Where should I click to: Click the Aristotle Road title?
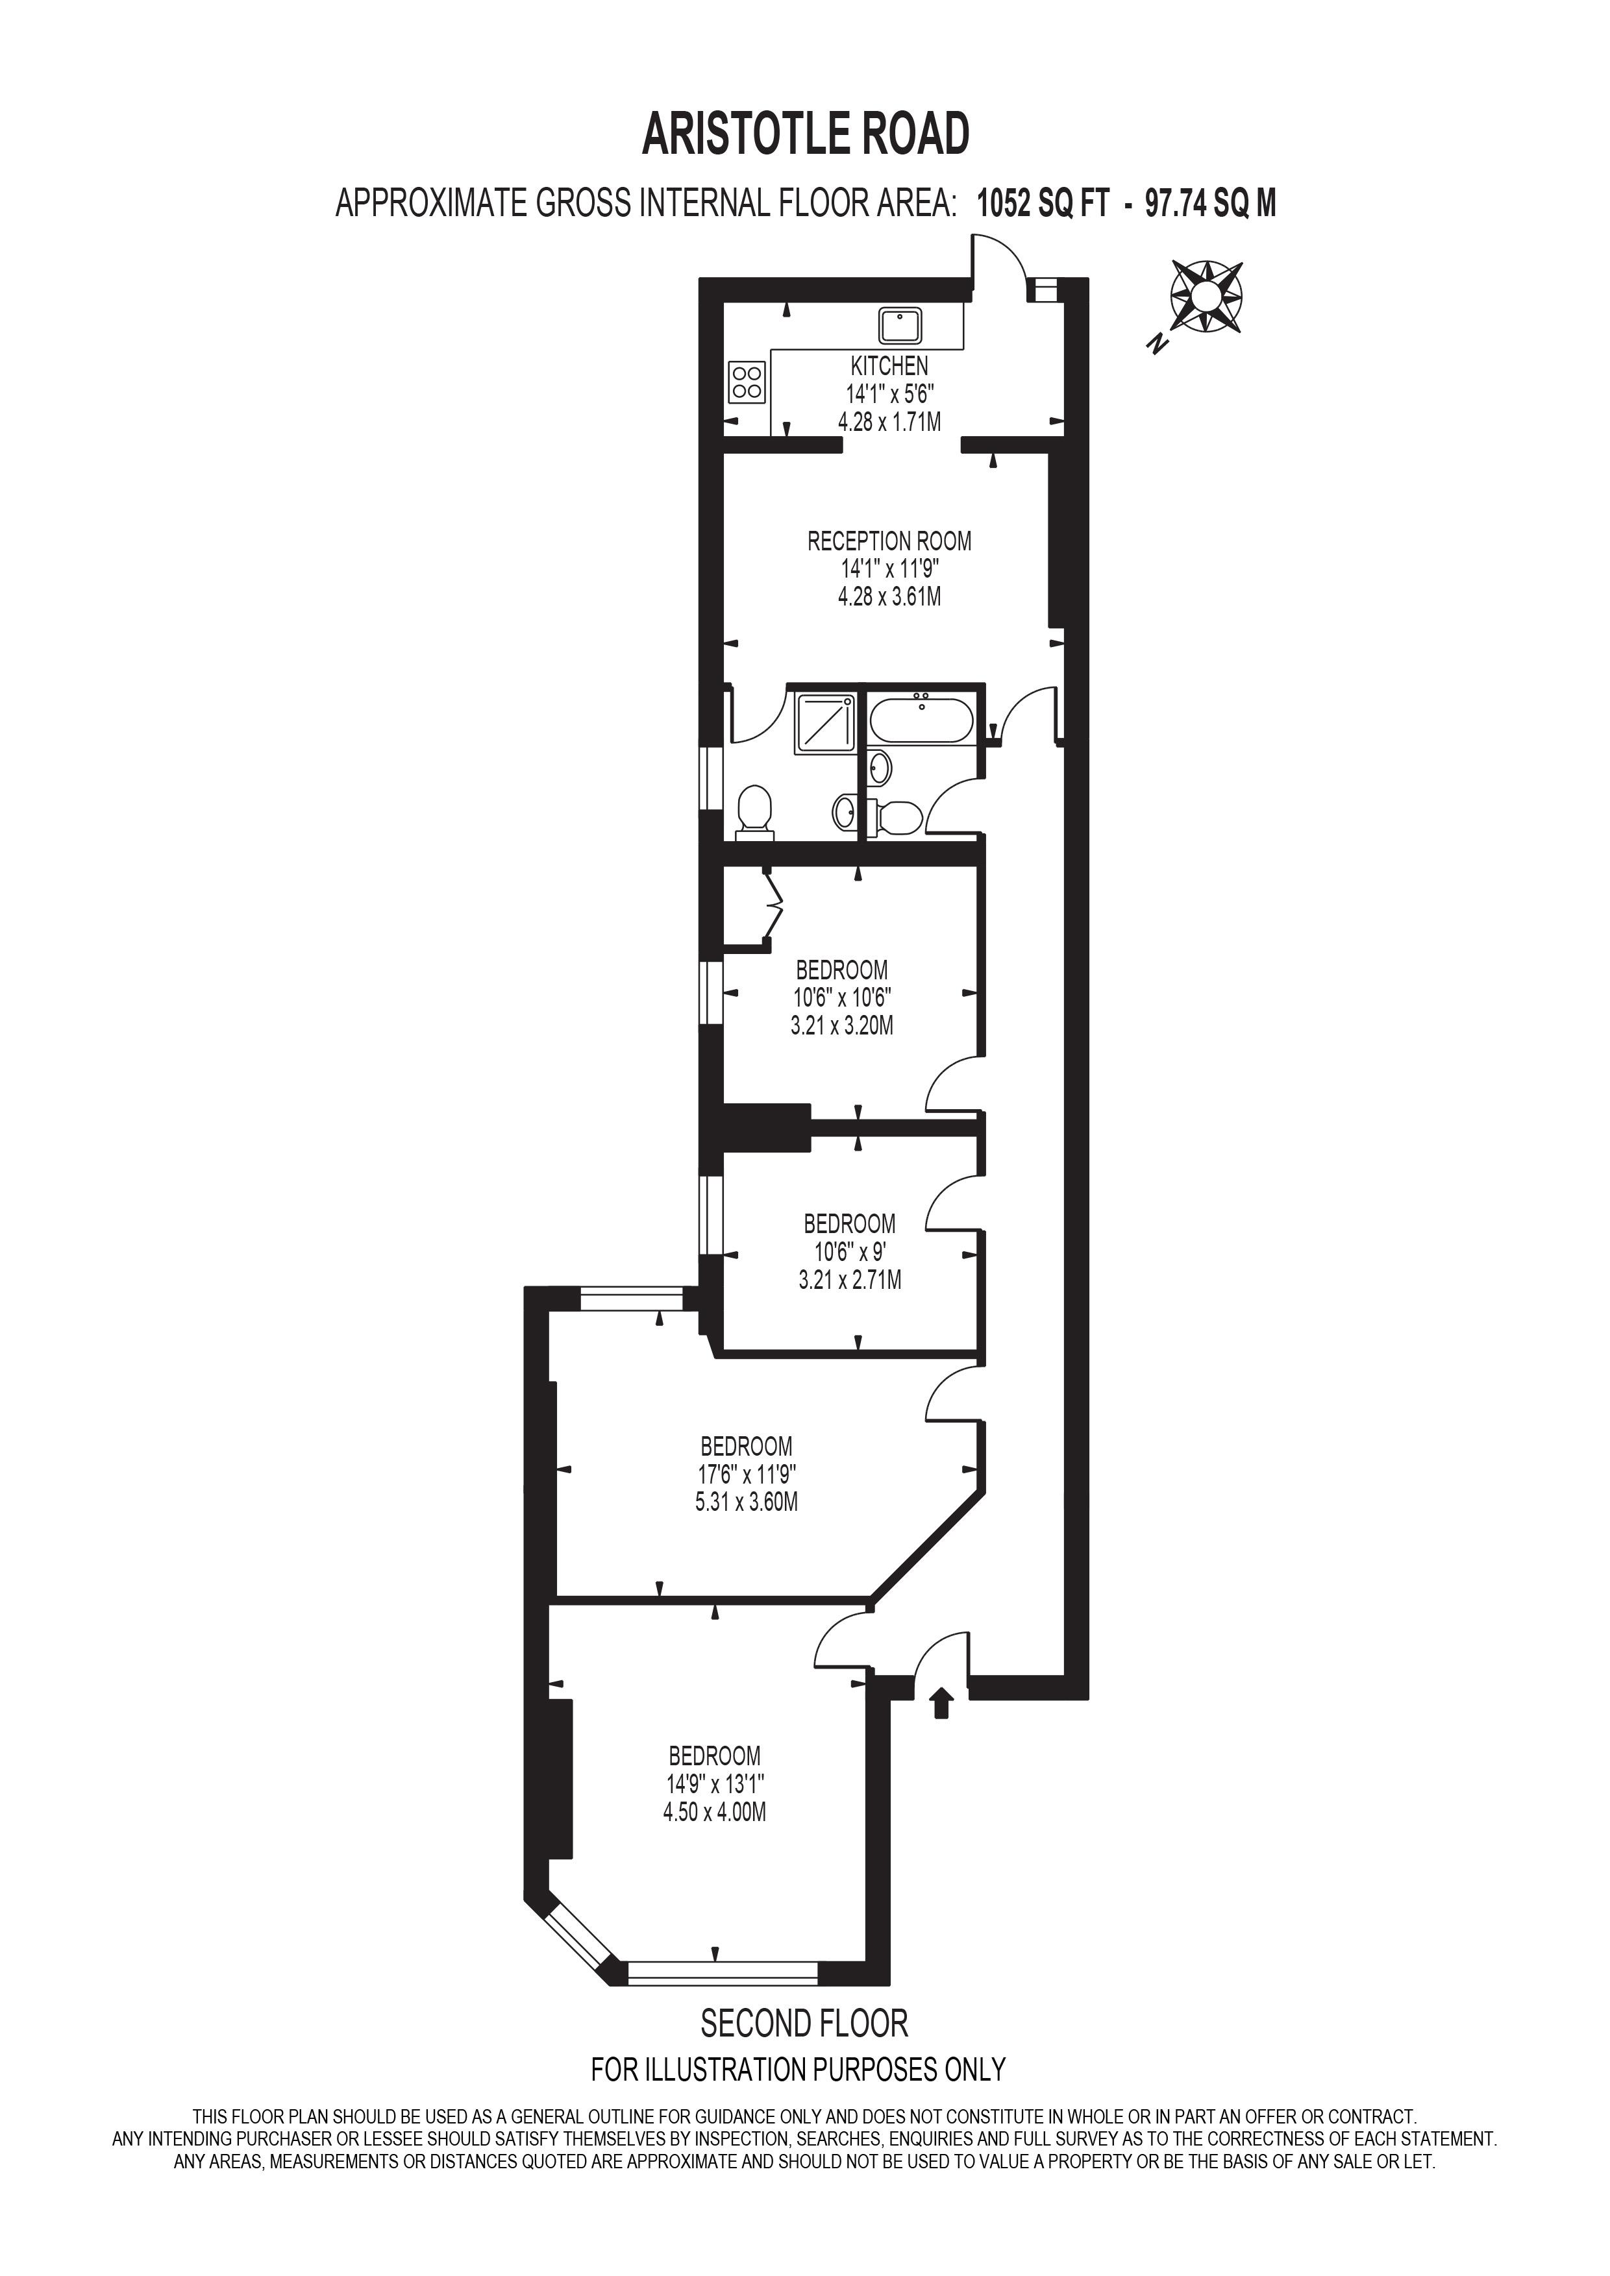(805, 135)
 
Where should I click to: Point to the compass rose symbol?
(1206, 295)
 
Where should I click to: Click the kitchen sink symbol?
(901, 326)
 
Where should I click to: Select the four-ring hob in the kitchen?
(747, 382)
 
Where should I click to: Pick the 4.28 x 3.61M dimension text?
(889, 597)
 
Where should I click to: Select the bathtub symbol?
(922, 718)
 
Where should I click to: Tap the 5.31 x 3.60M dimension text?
(747, 1502)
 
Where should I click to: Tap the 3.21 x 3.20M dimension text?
(842, 1026)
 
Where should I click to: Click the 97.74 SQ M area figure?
(1211, 204)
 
